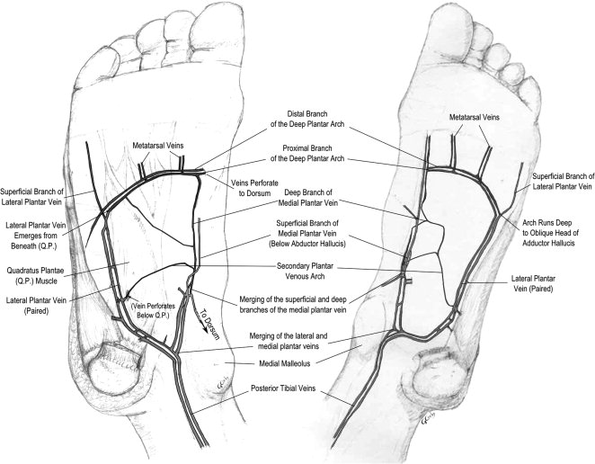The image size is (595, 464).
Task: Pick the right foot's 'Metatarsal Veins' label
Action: point(484,118)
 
